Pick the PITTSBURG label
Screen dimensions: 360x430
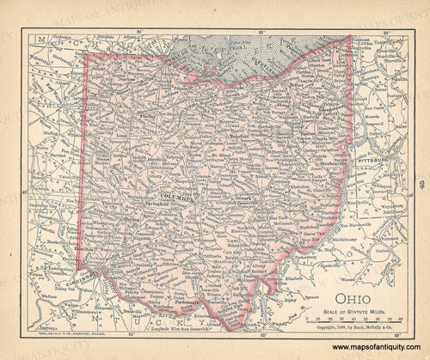(x=376, y=161)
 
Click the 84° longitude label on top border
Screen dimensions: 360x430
(x=142, y=32)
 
